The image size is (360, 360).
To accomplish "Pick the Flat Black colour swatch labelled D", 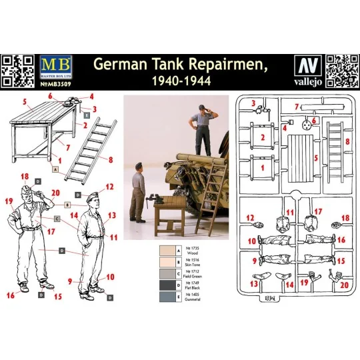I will coord(163,286).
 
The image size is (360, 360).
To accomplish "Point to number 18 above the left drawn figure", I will coord(25,177).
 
